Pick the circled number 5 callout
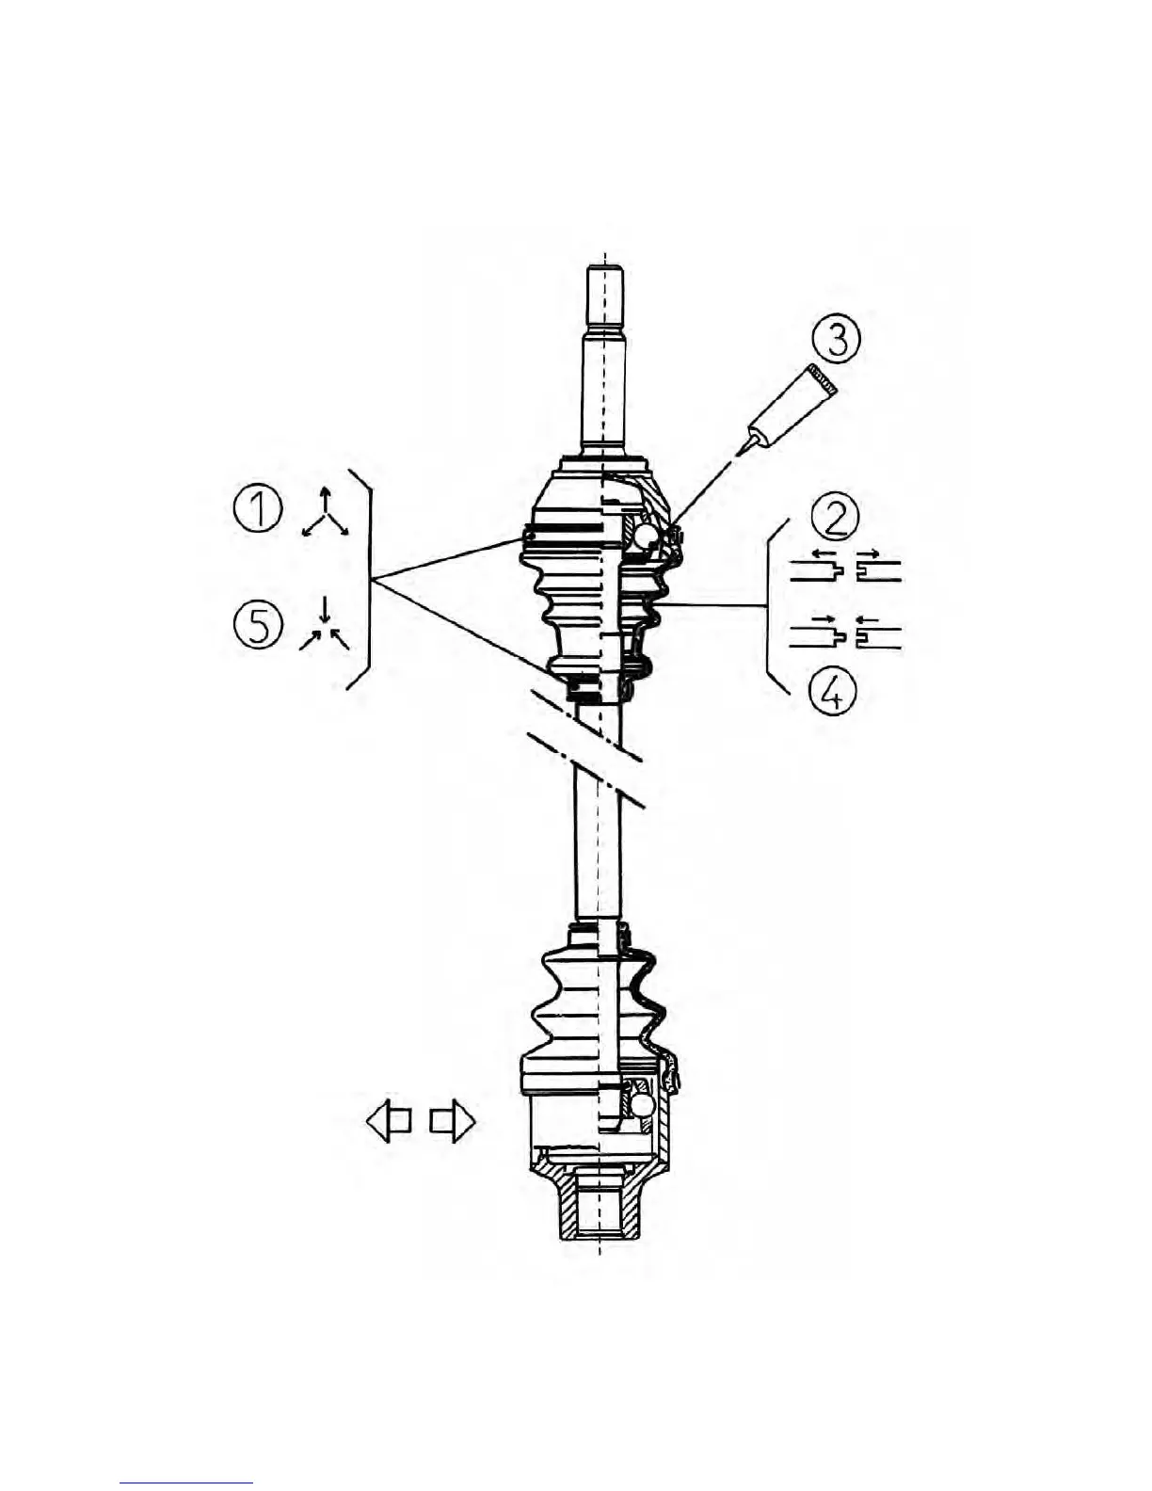(x=257, y=625)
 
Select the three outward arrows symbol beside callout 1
(x=325, y=515)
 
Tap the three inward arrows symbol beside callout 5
(x=325, y=626)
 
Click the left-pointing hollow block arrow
(x=389, y=1122)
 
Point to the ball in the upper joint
(x=648, y=536)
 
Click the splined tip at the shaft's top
(x=604, y=294)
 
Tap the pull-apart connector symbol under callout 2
(x=844, y=569)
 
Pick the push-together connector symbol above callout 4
(x=844, y=636)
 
